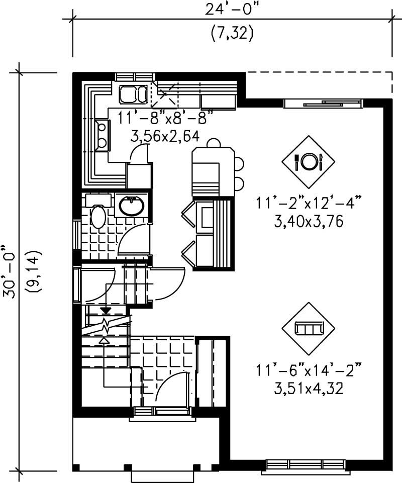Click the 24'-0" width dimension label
232,9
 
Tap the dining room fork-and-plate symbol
308,161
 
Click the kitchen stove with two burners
102,135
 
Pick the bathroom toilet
97,217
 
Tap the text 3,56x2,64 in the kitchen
164,136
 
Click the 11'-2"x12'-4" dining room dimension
309,205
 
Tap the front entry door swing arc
171,387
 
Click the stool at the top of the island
214,143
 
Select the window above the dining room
323,104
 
